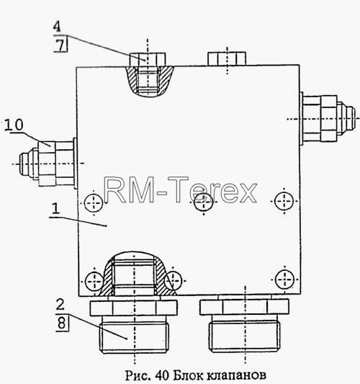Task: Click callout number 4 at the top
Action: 57,27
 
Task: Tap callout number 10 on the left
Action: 14,125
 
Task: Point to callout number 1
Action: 56,209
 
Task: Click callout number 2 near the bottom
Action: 60,305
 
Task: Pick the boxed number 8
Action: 61,323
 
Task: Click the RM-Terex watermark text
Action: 181,189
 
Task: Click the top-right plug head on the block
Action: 227,58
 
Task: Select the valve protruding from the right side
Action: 328,119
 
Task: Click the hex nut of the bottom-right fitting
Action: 244,307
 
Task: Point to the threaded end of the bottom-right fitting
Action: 245,336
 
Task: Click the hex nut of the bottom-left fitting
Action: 134,308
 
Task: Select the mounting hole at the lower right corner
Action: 284,280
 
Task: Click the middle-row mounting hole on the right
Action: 284,201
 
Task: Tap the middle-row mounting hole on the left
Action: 94,202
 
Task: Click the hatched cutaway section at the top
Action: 149,81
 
